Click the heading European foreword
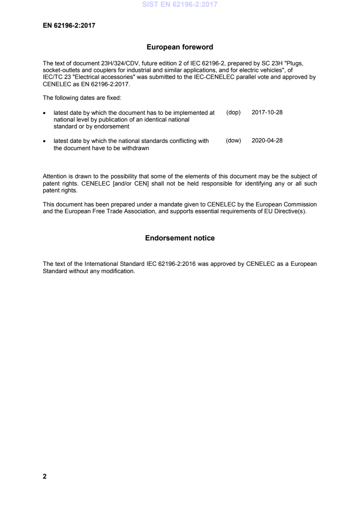(x=180, y=47)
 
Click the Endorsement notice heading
(x=180, y=238)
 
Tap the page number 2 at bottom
(x=44, y=476)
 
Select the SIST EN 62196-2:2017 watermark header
(x=180, y=5)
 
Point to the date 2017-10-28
(x=267, y=112)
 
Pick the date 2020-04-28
(x=267, y=141)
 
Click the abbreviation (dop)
(x=233, y=112)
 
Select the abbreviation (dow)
(x=233, y=141)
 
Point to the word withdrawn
(x=136, y=148)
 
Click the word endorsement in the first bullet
(x=113, y=127)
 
